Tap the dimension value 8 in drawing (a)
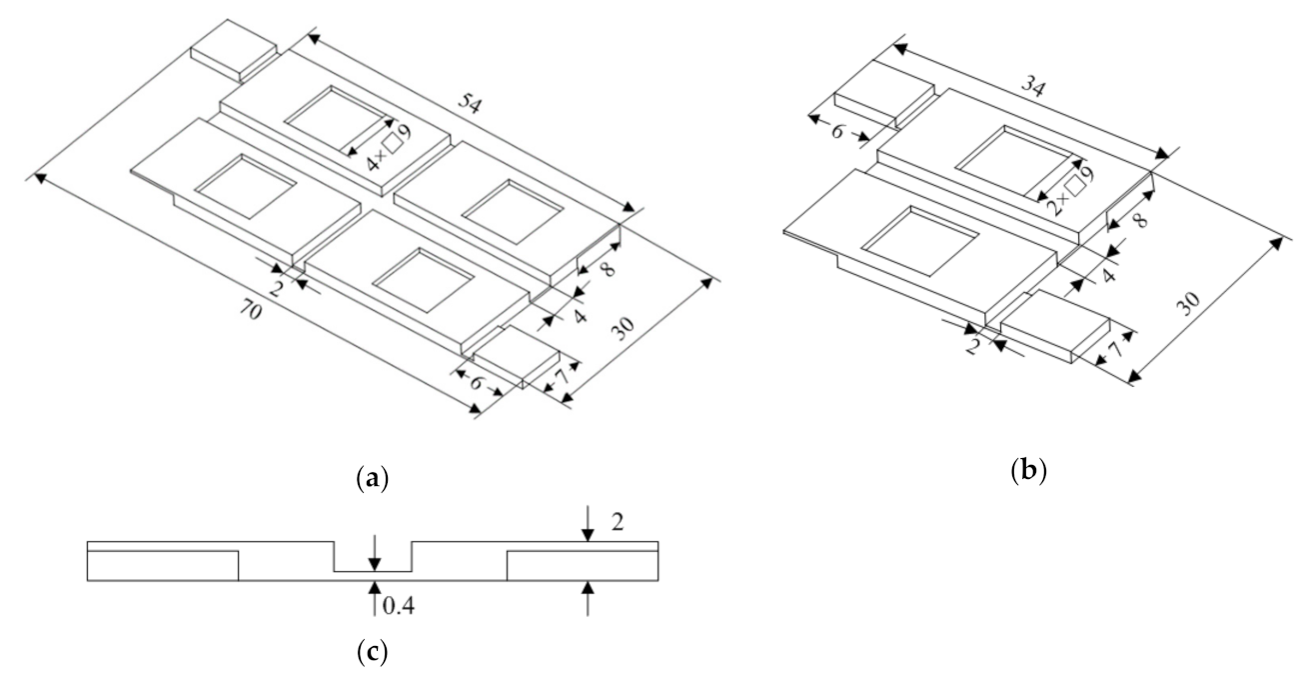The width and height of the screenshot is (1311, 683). pyautogui.click(x=608, y=269)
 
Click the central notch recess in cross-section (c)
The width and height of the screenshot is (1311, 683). pyautogui.click(x=373, y=557)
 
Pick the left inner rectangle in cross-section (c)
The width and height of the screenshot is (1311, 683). pyautogui.click(x=163, y=565)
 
